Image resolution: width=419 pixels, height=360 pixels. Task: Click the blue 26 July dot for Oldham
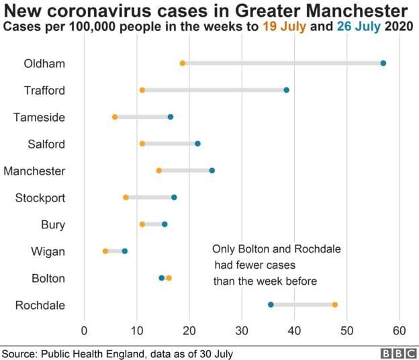[x=383, y=63]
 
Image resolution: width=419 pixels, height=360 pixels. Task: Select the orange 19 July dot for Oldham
[x=183, y=63]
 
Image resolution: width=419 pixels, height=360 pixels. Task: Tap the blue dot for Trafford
[x=287, y=90]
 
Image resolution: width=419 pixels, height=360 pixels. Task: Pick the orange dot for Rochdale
[x=335, y=305]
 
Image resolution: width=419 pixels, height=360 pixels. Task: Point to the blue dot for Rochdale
[x=271, y=305]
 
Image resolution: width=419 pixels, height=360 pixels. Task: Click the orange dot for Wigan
[x=105, y=251]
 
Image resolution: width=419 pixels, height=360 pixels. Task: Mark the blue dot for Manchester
[x=212, y=171]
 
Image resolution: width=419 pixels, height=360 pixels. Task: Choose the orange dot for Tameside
[x=115, y=117]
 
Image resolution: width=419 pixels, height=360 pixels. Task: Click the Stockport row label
[x=40, y=198]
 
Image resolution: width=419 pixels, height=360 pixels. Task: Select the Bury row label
[x=52, y=225]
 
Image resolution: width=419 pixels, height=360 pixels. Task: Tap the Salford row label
[x=46, y=144]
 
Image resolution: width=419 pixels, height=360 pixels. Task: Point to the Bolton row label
[x=48, y=278]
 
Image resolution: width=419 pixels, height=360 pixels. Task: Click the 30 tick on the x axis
[x=242, y=330]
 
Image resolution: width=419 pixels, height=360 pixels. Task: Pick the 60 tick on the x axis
[x=400, y=330]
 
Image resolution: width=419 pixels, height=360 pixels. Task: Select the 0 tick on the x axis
[x=85, y=330]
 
